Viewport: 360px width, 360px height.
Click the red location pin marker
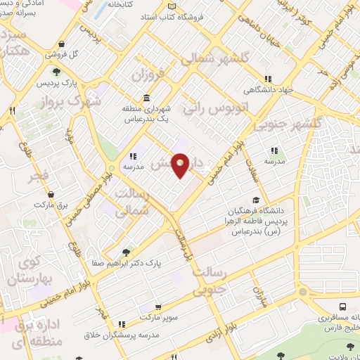[x=181, y=166]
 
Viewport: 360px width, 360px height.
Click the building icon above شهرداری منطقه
[x=146, y=98]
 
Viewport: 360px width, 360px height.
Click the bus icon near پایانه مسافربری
[x=342, y=307]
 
